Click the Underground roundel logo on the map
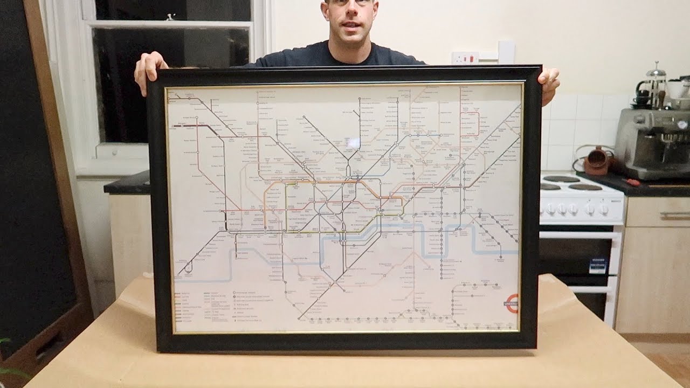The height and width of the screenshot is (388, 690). point(512,303)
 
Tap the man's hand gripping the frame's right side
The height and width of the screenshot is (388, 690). point(549,84)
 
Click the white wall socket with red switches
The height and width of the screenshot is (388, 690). point(465,58)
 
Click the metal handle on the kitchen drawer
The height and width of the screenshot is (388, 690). point(674,216)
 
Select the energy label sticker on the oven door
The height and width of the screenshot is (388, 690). point(598,265)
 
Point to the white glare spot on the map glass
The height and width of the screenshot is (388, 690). point(353,143)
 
